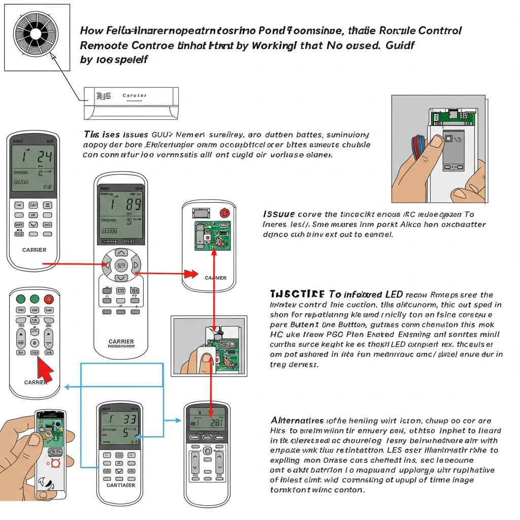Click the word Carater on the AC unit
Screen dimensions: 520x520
[135, 95]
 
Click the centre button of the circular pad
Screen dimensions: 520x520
[121, 265]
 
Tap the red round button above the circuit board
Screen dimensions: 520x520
[224, 213]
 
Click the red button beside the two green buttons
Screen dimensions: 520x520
[49, 299]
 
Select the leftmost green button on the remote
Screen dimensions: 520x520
[21, 299]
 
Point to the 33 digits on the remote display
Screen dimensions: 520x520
[127, 419]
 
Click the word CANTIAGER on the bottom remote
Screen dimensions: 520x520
[120, 485]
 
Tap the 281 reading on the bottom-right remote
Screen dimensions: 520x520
[215, 422]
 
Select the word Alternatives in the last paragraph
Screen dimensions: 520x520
[297, 420]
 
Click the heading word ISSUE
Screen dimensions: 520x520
[279, 215]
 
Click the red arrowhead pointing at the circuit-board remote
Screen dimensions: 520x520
[192, 274]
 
